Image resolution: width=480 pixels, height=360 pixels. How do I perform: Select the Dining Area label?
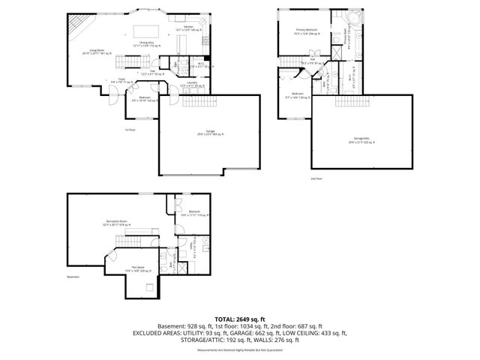147,44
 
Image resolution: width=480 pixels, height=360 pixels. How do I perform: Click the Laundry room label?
192,85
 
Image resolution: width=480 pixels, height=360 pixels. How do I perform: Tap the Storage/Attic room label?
361,140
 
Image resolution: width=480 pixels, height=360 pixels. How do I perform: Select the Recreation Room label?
115,223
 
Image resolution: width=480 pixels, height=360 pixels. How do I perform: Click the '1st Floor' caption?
130,130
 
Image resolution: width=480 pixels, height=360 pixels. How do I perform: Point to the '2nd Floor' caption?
316,178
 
